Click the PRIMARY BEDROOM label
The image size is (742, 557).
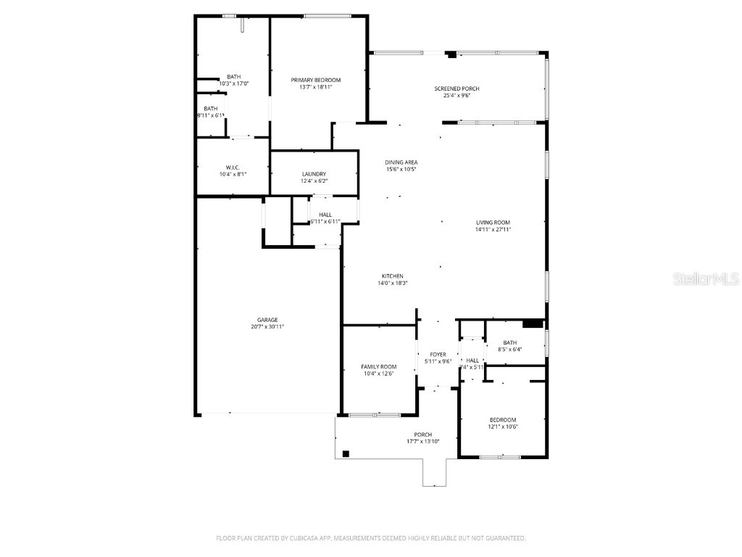tap(315, 80)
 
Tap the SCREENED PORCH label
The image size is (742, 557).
tap(457, 88)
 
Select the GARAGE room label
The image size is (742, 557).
tap(267, 320)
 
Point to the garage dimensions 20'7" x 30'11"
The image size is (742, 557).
tap(267, 327)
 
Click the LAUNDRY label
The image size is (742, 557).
tap(314, 174)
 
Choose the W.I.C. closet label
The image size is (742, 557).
tap(233, 167)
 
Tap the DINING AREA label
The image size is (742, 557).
tap(401, 162)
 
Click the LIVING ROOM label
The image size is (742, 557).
tap(493, 223)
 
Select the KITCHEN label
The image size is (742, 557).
tap(393, 276)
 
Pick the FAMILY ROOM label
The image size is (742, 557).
tap(379, 366)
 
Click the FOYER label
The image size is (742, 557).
tap(438, 355)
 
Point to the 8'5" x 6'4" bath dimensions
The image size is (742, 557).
tap(510, 350)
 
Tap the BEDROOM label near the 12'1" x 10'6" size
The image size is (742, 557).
tap(502, 420)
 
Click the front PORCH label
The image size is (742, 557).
tap(422, 434)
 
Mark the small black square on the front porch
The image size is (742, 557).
tap(346, 454)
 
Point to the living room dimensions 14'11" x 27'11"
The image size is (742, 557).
tap(493, 230)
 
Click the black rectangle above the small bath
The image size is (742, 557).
tap(533, 323)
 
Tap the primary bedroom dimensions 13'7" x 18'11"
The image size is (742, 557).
tap(315, 87)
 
